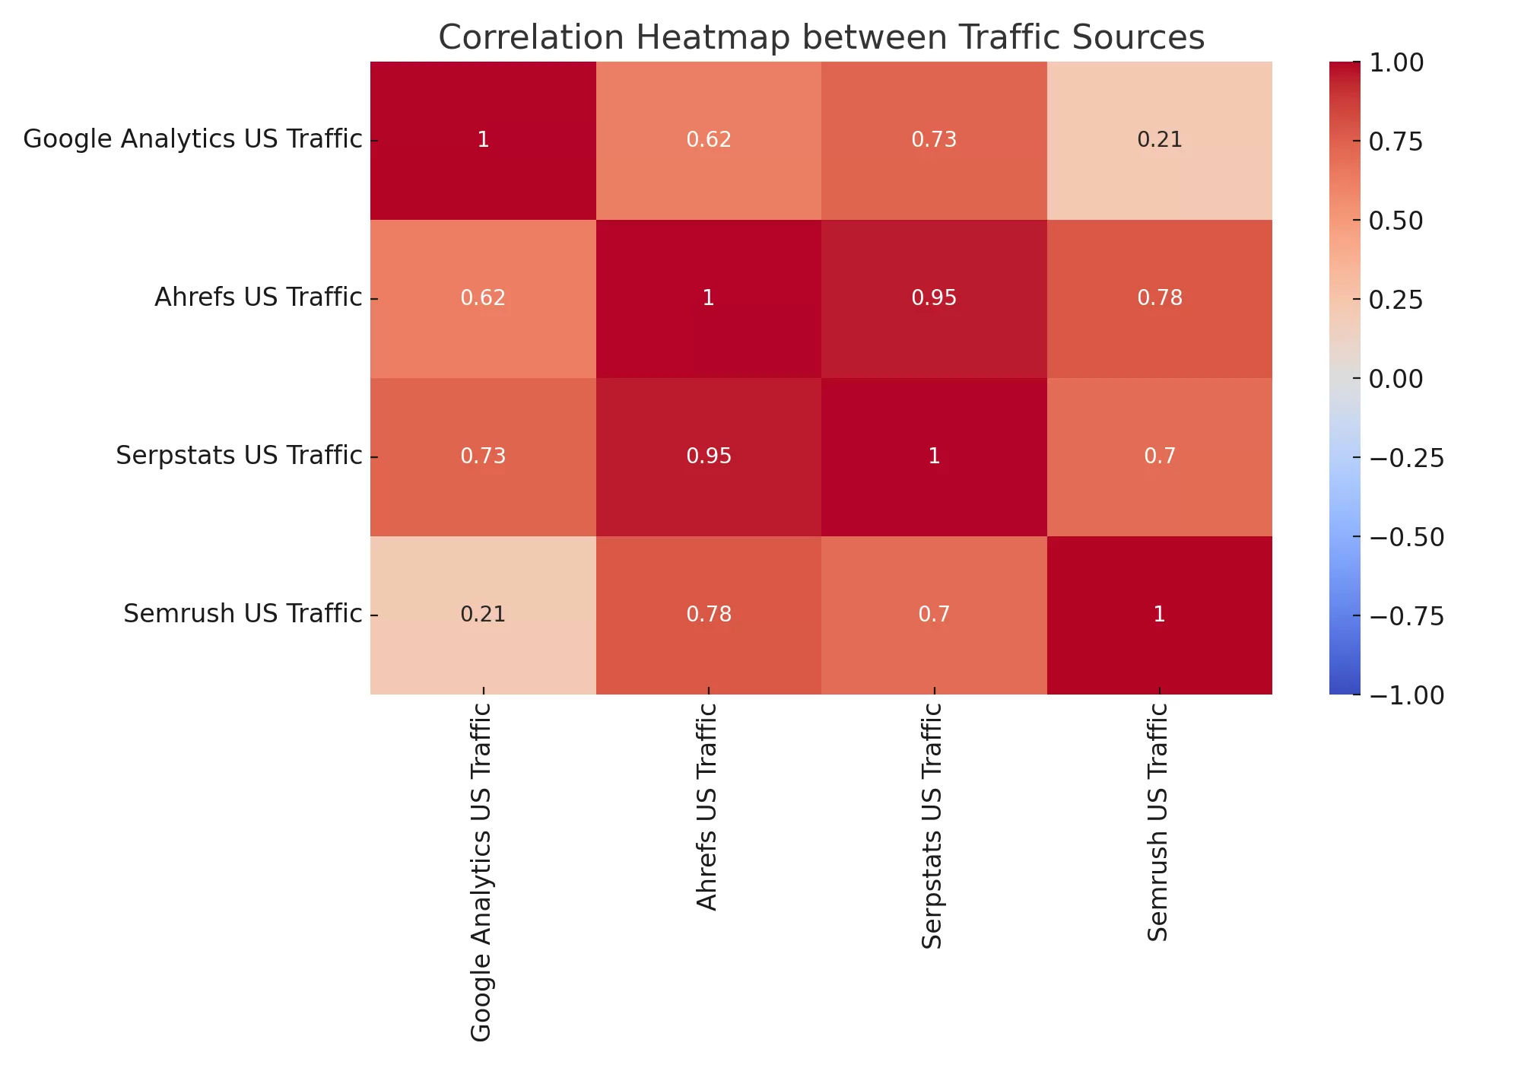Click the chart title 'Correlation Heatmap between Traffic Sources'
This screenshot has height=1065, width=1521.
[x=821, y=37]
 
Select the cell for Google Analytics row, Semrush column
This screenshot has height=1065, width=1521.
[x=1159, y=140]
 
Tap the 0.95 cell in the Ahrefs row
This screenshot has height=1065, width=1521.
[x=934, y=298]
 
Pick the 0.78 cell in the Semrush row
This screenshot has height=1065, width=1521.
[x=709, y=615]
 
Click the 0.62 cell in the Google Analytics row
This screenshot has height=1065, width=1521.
[x=709, y=140]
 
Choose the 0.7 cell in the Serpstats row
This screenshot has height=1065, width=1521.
[x=1159, y=456]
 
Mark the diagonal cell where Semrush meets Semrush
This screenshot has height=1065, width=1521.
[x=1159, y=615]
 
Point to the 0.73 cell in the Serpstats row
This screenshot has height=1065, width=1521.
[x=483, y=456]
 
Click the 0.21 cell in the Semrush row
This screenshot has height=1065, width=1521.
[x=483, y=615]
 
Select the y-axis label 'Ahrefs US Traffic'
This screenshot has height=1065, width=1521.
[x=258, y=297]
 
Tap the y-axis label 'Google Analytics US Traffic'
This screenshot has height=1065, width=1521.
[x=192, y=139]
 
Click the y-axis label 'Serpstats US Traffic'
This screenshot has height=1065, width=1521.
[x=239, y=456]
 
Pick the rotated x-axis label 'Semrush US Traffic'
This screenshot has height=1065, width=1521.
[x=1157, y=822]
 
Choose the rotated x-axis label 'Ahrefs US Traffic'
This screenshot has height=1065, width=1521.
[x=707, y=806]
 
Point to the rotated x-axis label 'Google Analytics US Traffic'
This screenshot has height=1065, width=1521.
[x=481, y=871]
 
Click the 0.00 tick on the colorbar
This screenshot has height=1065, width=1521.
[x=1396, y=379]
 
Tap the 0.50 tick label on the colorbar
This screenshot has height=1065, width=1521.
[x=1396, y=221]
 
